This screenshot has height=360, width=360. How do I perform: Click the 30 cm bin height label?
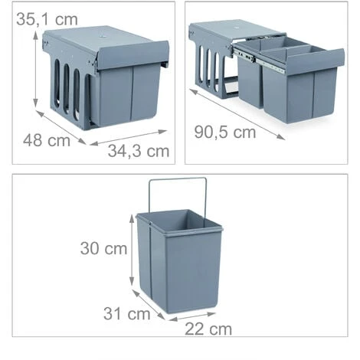pos(104,249)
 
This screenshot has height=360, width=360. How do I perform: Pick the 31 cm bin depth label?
pos(126,313)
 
